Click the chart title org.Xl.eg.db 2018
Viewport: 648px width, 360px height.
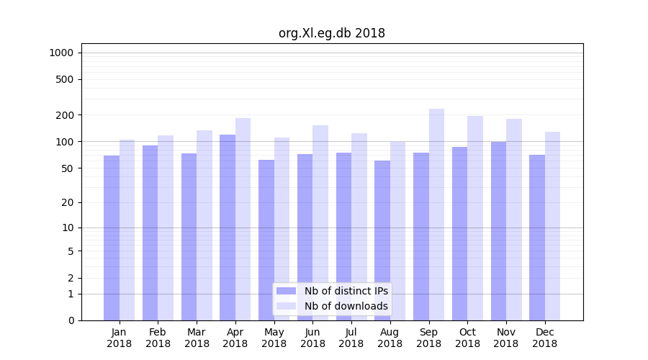pyautogui.click(x=331, y=33)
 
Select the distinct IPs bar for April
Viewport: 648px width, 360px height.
pyautogui.click(x=228, y=227)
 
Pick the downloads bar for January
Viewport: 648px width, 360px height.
pyautogui.click(x=127, y=230)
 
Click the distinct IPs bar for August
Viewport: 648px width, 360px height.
pyautogui.click(x=382, y=240)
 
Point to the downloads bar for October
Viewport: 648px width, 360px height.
pyautogui.click(x=475, y=218)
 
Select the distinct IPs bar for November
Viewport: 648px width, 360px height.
pyautogui.click(x=498, y=230)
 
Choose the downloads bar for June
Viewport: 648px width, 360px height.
pyautogui.click(x=320, y=222)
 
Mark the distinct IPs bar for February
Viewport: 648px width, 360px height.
pyautogui.click(x=150, y=233)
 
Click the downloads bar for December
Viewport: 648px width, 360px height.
pyautogui.click(x=552, y=226)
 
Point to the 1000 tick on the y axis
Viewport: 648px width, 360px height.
pyautogui.click(x=61, y=53)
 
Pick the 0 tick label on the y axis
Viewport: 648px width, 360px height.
pyautogui.click(x=71, y=320)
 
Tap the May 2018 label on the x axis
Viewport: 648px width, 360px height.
pyautogui.click(x=274, y=338)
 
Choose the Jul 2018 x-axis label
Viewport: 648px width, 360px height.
pyautogui.click(x=351, y=338)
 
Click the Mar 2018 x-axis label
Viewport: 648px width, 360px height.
pyautogui.click(x=197, y=338)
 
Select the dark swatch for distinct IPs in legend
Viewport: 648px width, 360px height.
pyautogui.click(x=286, y=291)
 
